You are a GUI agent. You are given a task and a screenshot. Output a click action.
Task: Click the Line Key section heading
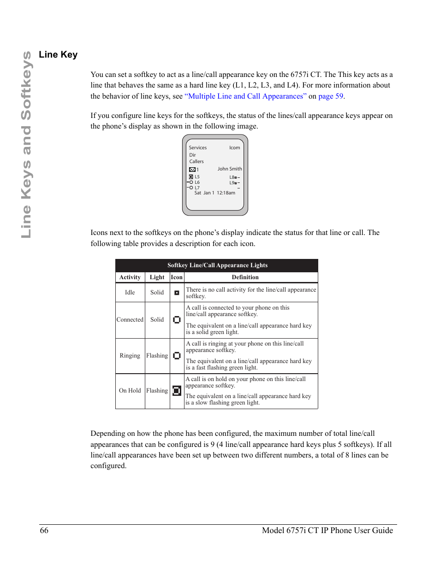[x=58, y=54]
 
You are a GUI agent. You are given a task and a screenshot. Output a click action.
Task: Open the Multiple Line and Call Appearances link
[x=245, y=96]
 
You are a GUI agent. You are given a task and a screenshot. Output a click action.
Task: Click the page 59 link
[x=331, y=96]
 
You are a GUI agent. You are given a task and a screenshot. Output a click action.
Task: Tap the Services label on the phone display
[x=197, y=148]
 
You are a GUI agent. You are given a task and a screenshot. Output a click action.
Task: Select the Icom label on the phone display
[x=234, y=148]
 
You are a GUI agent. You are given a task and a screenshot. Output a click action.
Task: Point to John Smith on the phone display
[x=230, y=169]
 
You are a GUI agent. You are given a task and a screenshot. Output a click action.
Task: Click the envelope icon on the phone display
[x=192, y=170]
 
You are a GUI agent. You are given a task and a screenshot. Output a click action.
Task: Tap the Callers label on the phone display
[x=196, y=162]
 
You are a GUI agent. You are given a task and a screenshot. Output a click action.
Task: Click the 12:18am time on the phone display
[x=226, y=193]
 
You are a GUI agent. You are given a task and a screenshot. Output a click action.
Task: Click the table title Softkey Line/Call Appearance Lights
[x=217, y=265]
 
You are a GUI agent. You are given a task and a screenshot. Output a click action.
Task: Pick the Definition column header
[x=245, y=277]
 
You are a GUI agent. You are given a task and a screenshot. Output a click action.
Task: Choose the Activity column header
[x=130, y=277]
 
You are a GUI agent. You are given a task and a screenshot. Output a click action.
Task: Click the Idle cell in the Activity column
[x=130, y=293]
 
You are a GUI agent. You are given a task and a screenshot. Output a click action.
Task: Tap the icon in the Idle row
[x=177, y=293]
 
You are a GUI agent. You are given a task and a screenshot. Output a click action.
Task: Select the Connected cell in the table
[x=130, y=320]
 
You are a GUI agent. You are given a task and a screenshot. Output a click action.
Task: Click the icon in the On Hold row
[x=177, y=391]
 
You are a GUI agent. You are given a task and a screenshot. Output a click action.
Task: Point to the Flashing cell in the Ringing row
[x=157, y=356]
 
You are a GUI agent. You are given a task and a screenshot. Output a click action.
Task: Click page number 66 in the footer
[x=44, y=530]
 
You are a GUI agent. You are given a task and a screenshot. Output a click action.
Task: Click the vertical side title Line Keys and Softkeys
[x=26, y=144]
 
